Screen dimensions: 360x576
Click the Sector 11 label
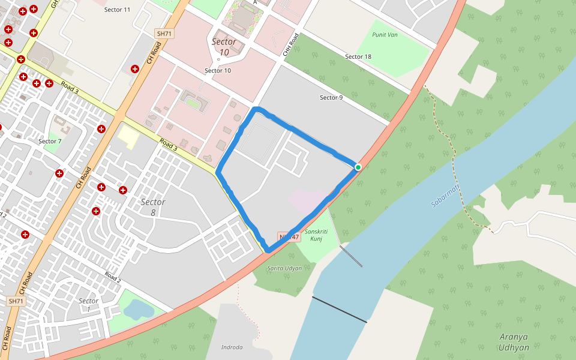(x=117, y=10)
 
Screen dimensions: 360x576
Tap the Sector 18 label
(x=358, y=56)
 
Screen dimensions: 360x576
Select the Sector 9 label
(x=331, y=97)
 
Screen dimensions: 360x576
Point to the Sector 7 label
(x=50, y=142)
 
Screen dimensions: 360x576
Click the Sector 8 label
(x=152, y=207)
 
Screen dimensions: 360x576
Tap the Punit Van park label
(x=385, y=34)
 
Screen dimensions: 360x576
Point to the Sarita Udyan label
(x=284, y=268)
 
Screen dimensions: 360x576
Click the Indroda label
(x=232, y=347)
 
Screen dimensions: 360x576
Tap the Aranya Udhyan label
(x=514, y=343)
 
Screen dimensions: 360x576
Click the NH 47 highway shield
(x=288, y=238)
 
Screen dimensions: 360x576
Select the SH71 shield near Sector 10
(x=164, y=34)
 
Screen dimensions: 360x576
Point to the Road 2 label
(x=113, y=277)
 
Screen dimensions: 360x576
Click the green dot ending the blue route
(x=358, y=167)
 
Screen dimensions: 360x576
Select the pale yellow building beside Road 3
(x=128, y=137)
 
